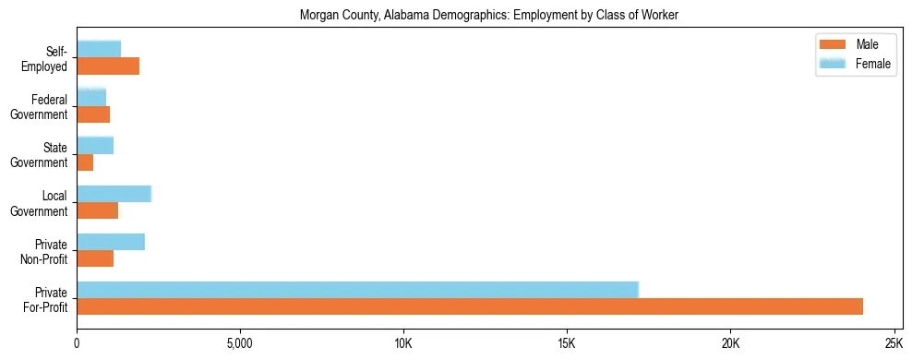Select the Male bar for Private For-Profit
470,306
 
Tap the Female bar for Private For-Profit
357,290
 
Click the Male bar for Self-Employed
108,66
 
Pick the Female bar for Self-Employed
99,49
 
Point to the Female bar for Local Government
114,194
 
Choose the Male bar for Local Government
97,210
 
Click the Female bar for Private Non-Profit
111,242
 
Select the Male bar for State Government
85,162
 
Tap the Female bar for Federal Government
91,97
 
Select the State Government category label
40,155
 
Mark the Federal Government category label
40,107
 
